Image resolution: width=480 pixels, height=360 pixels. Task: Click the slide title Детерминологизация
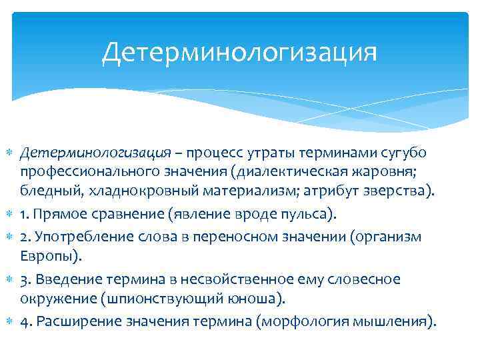point(239,52)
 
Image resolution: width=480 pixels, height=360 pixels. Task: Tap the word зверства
point(396,192)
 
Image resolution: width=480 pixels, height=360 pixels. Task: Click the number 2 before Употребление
point(24,237)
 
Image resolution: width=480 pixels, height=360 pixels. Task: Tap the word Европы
point(44,256)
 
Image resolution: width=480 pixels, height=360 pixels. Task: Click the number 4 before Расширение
point(24,321)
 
